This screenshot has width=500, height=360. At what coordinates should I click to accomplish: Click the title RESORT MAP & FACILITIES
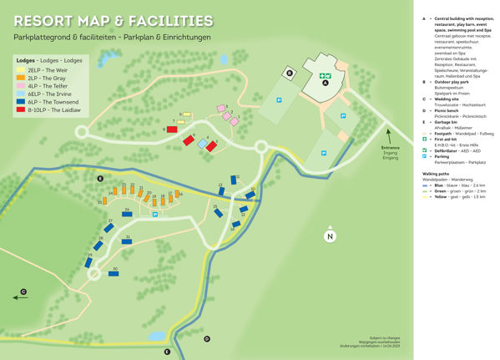(x=113, y=21)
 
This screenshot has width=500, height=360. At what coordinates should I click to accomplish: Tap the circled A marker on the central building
(x=325, y=83)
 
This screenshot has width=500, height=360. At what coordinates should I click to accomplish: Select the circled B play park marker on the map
(x=290, y=74)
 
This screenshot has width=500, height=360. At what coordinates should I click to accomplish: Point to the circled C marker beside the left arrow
(x=23, y=291)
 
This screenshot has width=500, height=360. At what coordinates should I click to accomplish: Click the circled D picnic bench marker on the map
(x=207, y=338)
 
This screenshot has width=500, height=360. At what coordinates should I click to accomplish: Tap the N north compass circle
(x=331, y=236)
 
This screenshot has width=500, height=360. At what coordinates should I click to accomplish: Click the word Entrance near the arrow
(x=390, y=147)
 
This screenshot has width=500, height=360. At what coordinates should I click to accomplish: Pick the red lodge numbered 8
(x=172, y=129)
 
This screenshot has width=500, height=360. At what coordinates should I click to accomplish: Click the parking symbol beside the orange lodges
(x=154, y=214)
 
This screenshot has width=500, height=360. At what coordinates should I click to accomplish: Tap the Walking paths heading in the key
(x=439, y=173)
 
